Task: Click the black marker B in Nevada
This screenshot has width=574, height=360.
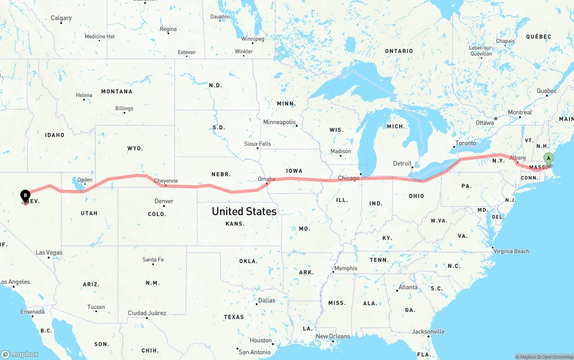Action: point(26,195)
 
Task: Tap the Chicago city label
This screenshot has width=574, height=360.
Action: point(348,178)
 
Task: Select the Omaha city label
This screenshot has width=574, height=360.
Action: point(266,179)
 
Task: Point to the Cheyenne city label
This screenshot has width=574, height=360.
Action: point(166,181)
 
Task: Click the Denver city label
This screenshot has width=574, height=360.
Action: point(164,201)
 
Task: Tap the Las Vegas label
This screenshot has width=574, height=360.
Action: point(49,252)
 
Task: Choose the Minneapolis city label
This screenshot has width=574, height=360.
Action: point(279,122)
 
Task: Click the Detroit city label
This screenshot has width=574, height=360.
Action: point(402,163)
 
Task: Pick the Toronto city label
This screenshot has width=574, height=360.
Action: point(465,143)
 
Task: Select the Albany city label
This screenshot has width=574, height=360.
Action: point(518,158)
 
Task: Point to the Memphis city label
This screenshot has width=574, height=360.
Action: point(346,268)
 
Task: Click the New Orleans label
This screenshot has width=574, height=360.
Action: point(333,336)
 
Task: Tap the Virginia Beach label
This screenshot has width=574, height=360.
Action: point(511,251)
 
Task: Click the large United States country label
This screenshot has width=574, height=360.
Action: point(244,211)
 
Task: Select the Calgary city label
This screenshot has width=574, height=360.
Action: point(61,18)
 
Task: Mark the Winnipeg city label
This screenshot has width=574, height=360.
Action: point(252,39)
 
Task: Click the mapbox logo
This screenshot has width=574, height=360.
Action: point(20,354)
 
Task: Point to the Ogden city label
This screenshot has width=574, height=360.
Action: point(85,180)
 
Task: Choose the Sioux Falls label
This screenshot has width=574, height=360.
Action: point(257,144)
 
